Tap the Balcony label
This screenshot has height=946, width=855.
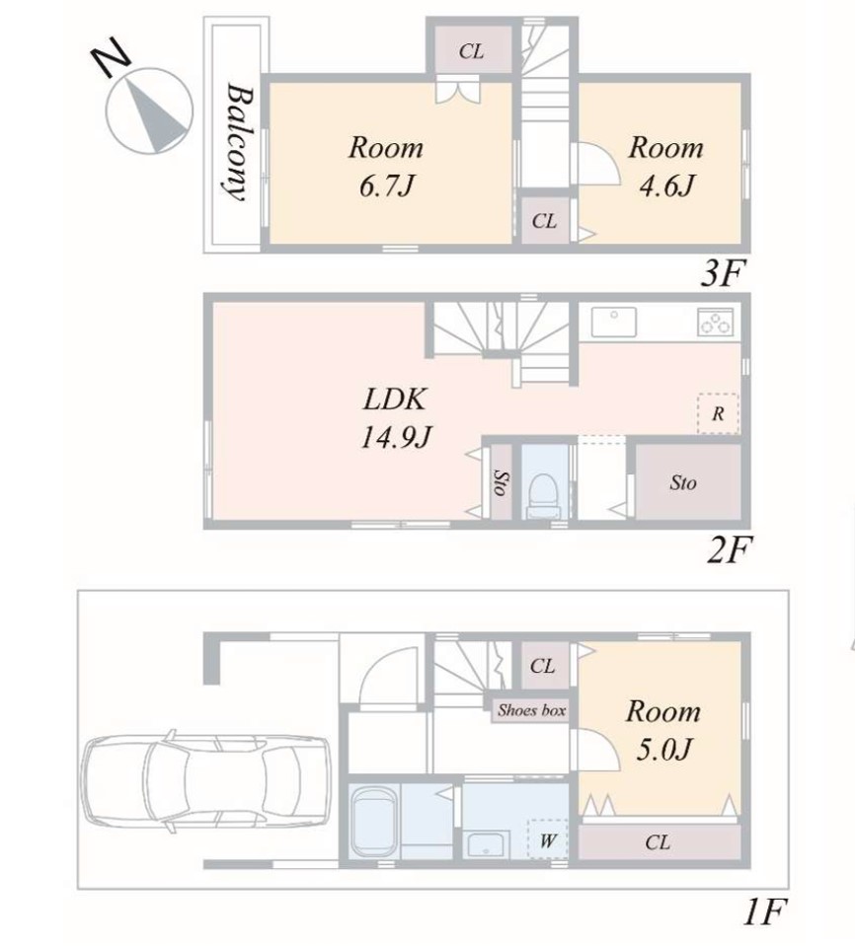click(x=239, y=142)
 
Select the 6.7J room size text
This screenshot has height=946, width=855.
click(x=386, y=185)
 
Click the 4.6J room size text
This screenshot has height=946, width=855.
click(x=666, y=185)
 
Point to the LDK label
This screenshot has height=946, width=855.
click(x=394, y=400)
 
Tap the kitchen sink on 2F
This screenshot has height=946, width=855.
click(x=613, y=323)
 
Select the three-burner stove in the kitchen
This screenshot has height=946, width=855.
click(x=716, y=322)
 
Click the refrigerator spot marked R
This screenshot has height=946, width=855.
click(x=718, y=414)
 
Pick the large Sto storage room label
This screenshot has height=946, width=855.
click(x=683, y=482)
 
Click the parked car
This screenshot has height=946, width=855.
click(x=206, y=781)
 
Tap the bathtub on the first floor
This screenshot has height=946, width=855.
click(x=375, y=821)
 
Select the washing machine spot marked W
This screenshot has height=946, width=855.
click(x=548, y=839)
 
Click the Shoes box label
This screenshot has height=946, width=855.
click(x=532, y=710)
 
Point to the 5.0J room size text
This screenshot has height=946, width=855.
click(x=663, y=750)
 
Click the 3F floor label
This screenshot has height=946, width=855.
click(x=723, y=274)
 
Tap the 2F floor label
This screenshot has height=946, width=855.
click(x=729, y=550)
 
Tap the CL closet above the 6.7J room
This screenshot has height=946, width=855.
click(x=471, y=52)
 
